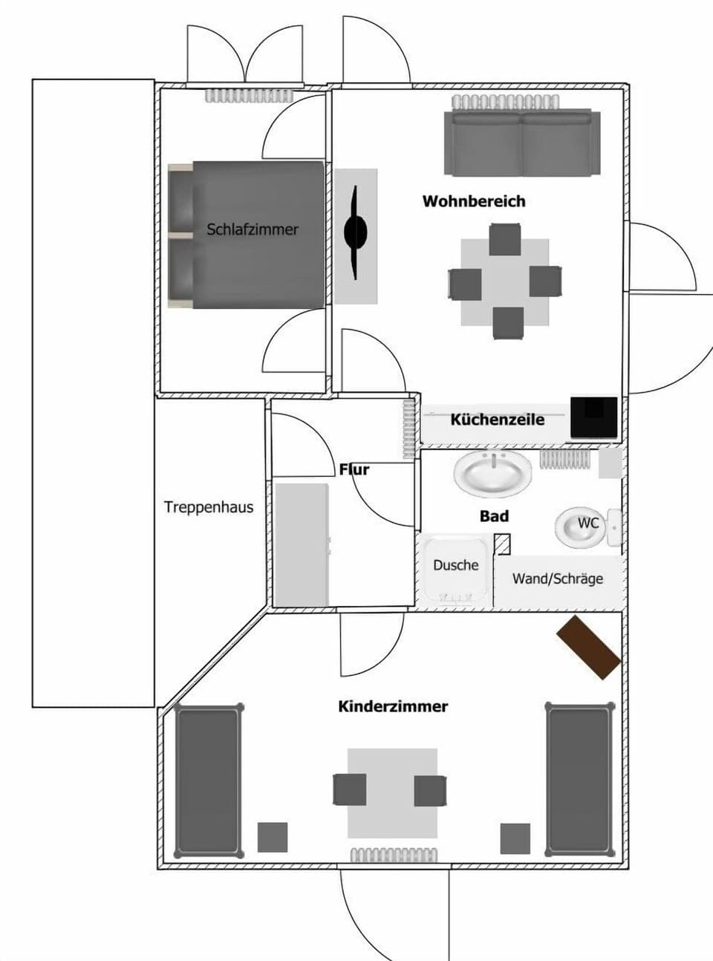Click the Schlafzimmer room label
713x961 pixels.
(253, 229)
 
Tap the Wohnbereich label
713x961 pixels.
(474, 201)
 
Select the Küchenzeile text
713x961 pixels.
(497, 420)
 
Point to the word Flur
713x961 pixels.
(354, 469)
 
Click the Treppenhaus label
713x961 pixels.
(208, 508)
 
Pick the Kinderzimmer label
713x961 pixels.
(393, 706)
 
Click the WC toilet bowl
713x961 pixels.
(583, 526)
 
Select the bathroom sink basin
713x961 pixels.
(493, 473)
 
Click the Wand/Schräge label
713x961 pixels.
(558, 579)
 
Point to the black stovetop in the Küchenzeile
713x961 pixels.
(593, 417)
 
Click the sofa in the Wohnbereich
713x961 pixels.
(522, 143)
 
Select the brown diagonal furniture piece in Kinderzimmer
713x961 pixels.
(589, 647)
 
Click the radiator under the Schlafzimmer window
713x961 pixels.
(250, 97)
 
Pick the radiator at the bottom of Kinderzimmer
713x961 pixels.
(393, 856)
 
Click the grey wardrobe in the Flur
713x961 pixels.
(302, 544)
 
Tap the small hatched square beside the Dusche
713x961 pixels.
(503, 544)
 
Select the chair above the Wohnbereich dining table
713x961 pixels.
(505, 239)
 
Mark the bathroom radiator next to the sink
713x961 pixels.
(564, 459)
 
